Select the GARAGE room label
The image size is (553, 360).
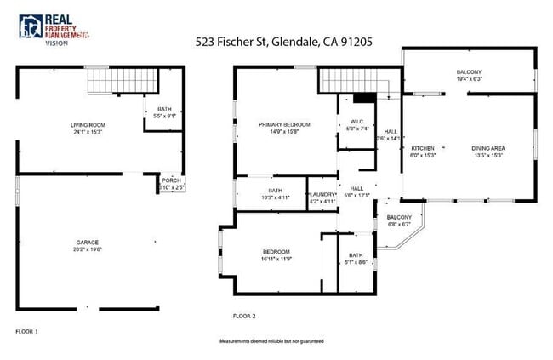[x=88, y=243]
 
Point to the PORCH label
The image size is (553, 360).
[x=171, y=180]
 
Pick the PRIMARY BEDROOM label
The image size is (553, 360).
[x=284, y=125]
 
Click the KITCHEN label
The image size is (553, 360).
[x=424, y=148]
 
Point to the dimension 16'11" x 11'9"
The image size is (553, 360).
[x=276, y=259]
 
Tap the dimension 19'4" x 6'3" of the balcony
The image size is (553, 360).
[x=470, y=79]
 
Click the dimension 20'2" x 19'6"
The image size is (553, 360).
[x=88, y=250]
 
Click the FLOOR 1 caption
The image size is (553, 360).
[x=27, y=330]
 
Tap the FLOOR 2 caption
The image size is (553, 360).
[x=244, y=316]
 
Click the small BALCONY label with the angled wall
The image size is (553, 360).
[x=399, y=217]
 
